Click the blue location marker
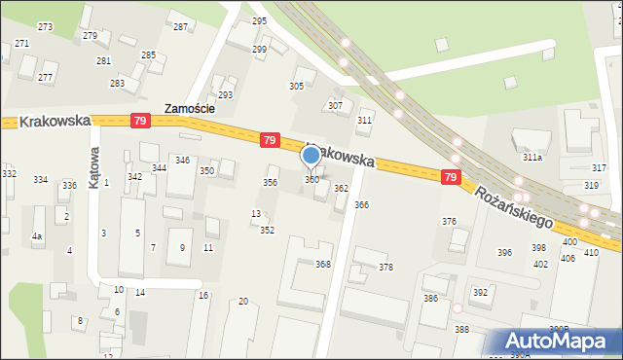coord(311,156)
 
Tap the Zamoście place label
coord(189,110)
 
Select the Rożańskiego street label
coord(514,206)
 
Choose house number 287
coord(180,26)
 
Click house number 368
coord(323,264)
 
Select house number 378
coord(385,267)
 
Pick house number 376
coord(449,222)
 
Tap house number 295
coord(259,20)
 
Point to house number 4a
coord(37,235)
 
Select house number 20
coord(243,302)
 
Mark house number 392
coord(480,292)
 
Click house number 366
coord(361,204)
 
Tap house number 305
coord(296,87)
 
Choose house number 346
coord(182,160)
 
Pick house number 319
coord(591,185)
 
